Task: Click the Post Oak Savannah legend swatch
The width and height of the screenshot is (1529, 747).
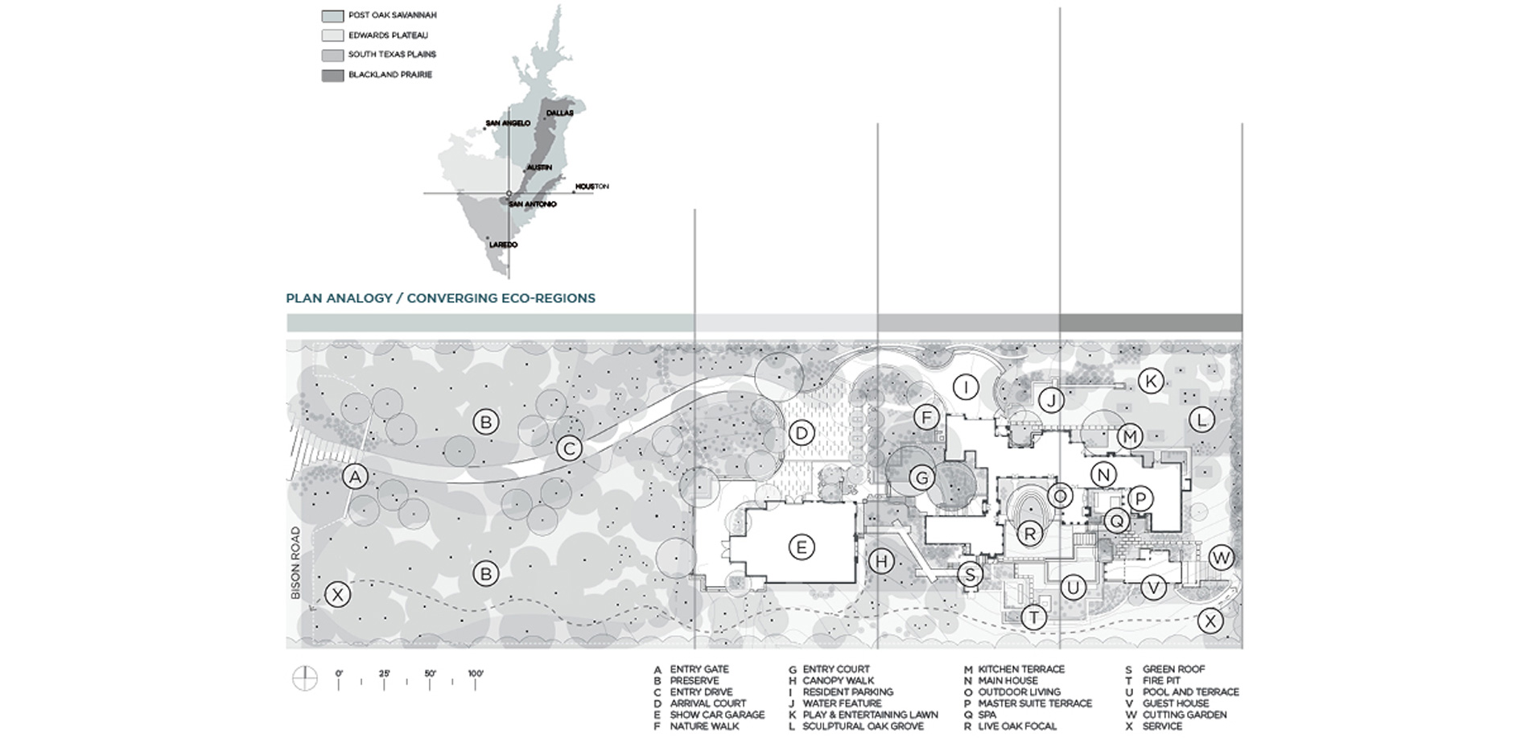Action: pos(332,16)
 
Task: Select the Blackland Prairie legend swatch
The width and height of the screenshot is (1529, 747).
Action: pos(332,76)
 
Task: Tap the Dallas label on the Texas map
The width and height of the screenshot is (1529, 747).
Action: pos(559,113)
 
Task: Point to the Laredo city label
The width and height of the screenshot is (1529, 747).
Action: pos(503,245)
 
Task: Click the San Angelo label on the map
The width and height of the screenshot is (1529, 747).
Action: pos(508,123)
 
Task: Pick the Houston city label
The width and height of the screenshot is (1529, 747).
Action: pos(591,187)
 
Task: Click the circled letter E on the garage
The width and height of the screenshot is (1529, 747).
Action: pos(801,547)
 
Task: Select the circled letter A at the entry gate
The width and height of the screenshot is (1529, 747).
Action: pos(355,477)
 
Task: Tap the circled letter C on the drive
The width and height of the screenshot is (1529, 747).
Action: pos(570,448)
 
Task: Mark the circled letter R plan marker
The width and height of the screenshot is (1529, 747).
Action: pos(1029,532)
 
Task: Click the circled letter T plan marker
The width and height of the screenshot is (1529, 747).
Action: pos(1033,617)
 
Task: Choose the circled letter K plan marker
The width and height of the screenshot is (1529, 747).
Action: pos(1151,381)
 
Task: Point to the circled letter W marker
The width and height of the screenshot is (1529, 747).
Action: pos(1221,557)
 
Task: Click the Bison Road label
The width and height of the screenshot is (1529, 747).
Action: pos(295,563)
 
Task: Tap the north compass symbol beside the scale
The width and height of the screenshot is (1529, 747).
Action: pos(305,679)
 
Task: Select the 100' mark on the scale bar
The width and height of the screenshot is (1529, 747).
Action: pos(476,674)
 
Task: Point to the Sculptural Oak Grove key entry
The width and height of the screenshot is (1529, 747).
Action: pos(863,726)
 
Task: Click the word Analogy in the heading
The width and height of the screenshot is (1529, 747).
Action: pos(359,298)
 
